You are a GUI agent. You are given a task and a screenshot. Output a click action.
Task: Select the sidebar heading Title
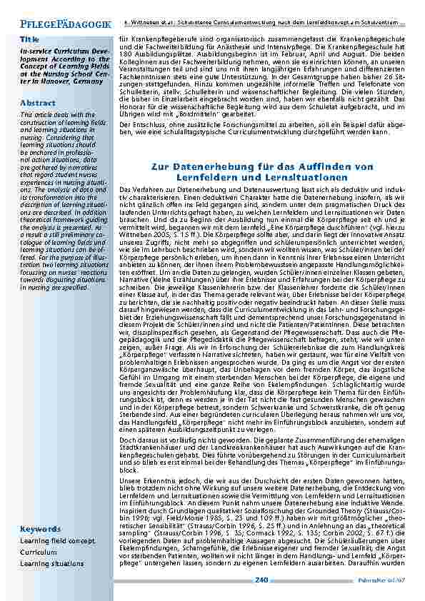[30, 37]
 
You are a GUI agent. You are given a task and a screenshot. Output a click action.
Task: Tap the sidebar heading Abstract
[37, 103]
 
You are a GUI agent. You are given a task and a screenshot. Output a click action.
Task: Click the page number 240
[261, 579]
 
